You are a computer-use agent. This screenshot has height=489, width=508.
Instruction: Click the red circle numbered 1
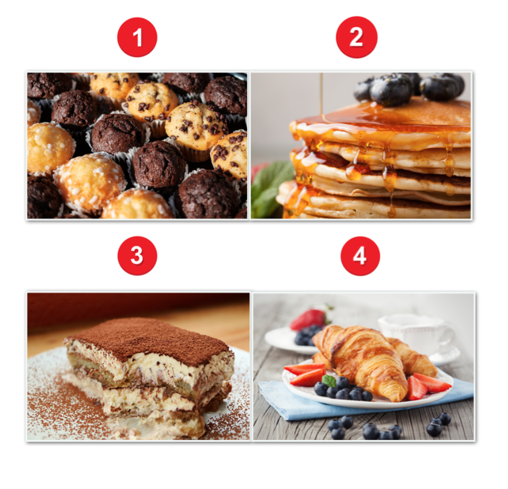[137, 37]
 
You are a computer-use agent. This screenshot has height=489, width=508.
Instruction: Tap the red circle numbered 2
[357, 37]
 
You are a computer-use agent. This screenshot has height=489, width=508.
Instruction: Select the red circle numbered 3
[137, 256]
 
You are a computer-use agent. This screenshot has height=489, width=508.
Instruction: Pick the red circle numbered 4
[360, 256]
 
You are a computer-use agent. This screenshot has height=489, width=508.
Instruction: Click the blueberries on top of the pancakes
[409, 87]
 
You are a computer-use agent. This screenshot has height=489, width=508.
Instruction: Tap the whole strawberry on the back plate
[308, 319]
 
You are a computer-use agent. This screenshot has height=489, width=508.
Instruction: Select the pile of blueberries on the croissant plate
[344, 388]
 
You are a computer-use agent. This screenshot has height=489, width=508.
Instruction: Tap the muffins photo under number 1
[137, 145]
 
